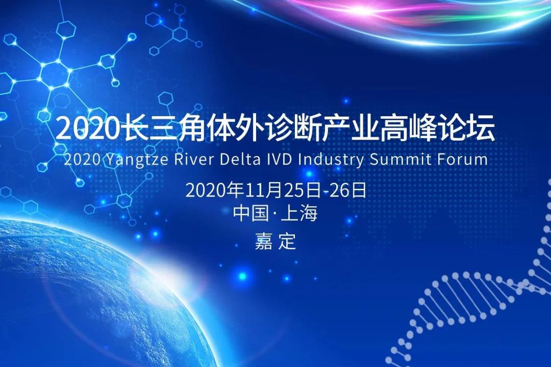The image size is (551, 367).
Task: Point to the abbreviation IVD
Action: click(276, 159)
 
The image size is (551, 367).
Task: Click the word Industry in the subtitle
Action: click(331, 160)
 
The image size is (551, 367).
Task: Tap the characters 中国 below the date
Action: click(251, 214)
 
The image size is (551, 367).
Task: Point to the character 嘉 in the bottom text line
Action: click(263, 241)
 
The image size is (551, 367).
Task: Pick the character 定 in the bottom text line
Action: click(288, 241)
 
